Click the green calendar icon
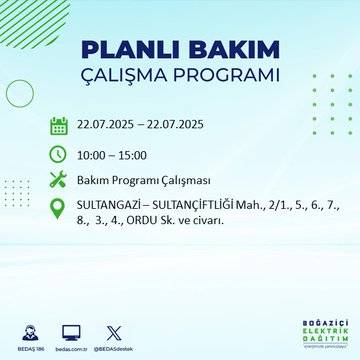[x=59, y=126]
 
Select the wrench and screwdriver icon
[x=59, y=181]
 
